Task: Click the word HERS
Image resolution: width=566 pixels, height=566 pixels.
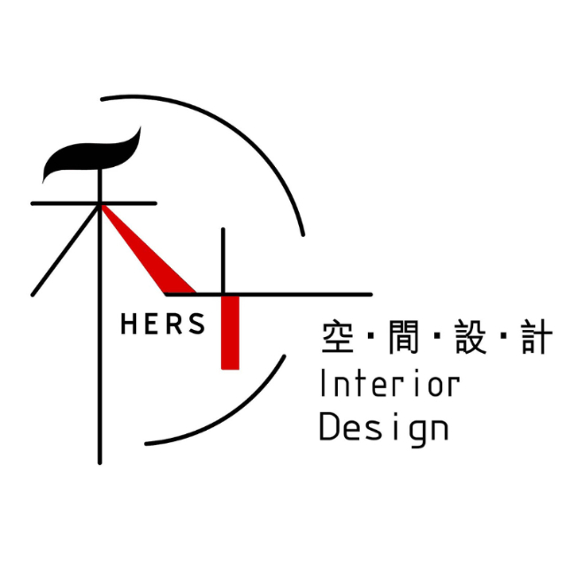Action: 162,325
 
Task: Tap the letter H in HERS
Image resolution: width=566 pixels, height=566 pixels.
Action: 127,325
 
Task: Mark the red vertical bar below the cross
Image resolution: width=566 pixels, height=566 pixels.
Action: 230,332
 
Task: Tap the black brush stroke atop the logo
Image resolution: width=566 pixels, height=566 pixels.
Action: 93,157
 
